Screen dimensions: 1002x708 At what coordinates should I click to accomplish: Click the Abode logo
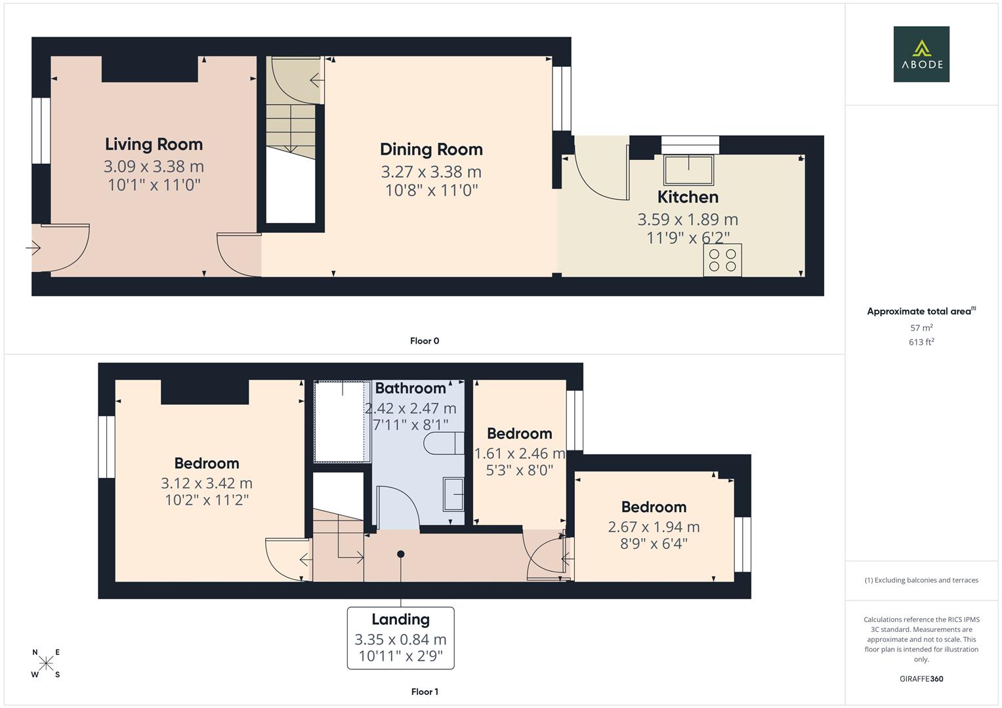click(921, 54)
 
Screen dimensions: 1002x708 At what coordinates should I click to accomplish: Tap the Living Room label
click(154, 144)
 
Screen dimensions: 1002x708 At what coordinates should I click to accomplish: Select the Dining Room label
click(431, 149)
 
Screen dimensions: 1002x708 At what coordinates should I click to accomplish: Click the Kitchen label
click(688, 197)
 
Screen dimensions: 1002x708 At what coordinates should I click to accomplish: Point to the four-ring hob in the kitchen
click(722, 260)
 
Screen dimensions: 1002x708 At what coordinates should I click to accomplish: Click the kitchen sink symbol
click(688, 170)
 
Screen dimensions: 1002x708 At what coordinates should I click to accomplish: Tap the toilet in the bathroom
click(444, 443)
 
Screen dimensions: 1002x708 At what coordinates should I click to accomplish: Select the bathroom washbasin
click(453, 494)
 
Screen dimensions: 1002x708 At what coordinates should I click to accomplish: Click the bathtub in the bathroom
click(342, 421)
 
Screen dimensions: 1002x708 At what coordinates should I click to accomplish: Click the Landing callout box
click(401, 638)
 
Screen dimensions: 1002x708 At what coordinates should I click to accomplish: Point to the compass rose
click(46, 663)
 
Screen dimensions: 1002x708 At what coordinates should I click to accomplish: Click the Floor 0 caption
click(425, 341)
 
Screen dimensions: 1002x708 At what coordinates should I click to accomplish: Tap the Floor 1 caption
click(425, 692)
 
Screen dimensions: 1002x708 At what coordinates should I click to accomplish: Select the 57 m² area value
click(921, 328)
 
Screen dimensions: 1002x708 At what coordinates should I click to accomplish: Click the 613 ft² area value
click(921, 342)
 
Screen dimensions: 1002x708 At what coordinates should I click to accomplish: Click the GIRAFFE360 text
click(921, 678)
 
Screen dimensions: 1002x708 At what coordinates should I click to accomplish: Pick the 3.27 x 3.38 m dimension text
click(431, 172)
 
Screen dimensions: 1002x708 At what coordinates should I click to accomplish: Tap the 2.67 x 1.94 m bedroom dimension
click(654, 527)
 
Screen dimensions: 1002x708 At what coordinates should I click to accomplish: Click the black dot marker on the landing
click(401, 554)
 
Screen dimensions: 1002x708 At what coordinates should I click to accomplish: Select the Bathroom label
click(410, 388)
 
